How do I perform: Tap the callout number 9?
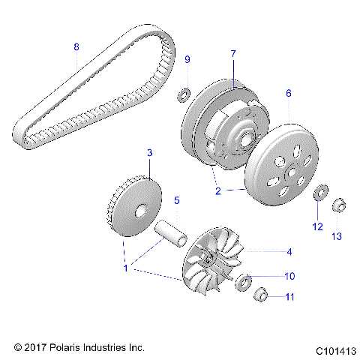(x=187, y=59)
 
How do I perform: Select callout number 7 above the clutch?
(x=233, y=54)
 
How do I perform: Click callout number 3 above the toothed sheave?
(x=149, y=153)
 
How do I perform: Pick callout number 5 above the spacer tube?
(x=177, y=200)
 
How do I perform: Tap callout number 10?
(x=289, y=275)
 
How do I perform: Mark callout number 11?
(x=289, y=297)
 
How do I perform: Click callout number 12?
(x=317, y=226)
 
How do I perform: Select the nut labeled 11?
(x=259, y=293)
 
